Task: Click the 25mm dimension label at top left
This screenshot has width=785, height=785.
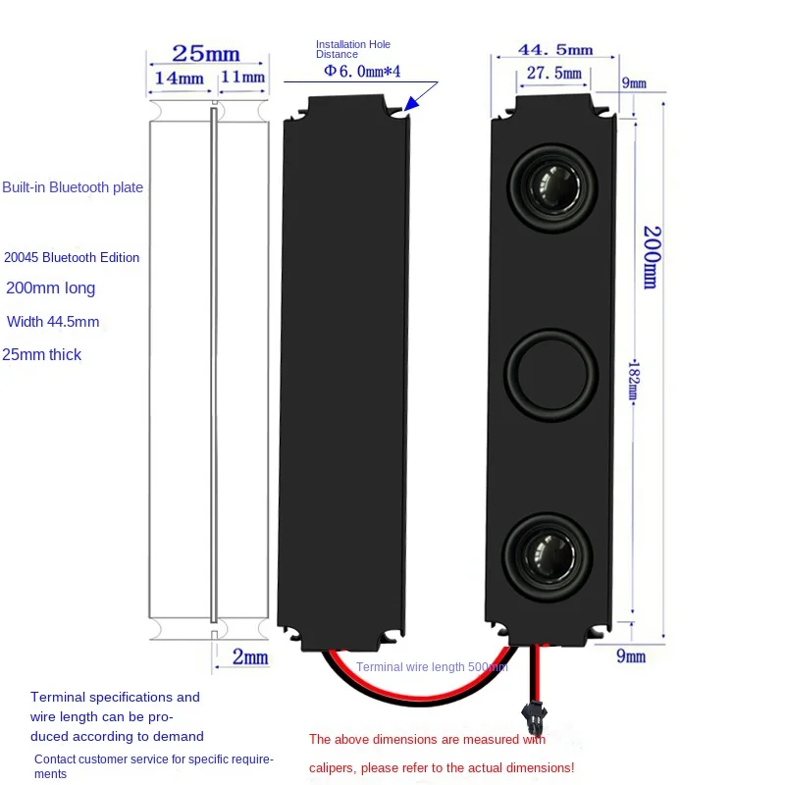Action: coord(206,53)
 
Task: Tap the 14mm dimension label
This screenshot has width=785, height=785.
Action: coord(178,78)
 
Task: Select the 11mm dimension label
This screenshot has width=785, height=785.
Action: coord(242,78)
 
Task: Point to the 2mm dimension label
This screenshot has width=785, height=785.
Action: coord(250,656)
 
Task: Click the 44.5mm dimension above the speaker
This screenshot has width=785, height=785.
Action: coord(554,49)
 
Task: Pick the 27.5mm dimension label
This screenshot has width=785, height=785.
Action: coord(553,73)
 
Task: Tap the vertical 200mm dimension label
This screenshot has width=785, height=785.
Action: coord(650,257)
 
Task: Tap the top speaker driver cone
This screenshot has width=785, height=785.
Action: coord(550,183)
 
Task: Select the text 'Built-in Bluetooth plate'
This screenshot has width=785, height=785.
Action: coord(73,187)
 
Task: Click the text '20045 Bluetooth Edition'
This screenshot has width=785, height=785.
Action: coord(73,257)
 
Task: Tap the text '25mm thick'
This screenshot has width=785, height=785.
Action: coord(42,354)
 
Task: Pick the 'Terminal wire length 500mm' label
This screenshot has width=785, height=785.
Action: coord(432,667)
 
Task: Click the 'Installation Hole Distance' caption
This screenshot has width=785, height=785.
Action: coord(352,49)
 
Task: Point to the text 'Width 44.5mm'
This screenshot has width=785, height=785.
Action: coord(53,322)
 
